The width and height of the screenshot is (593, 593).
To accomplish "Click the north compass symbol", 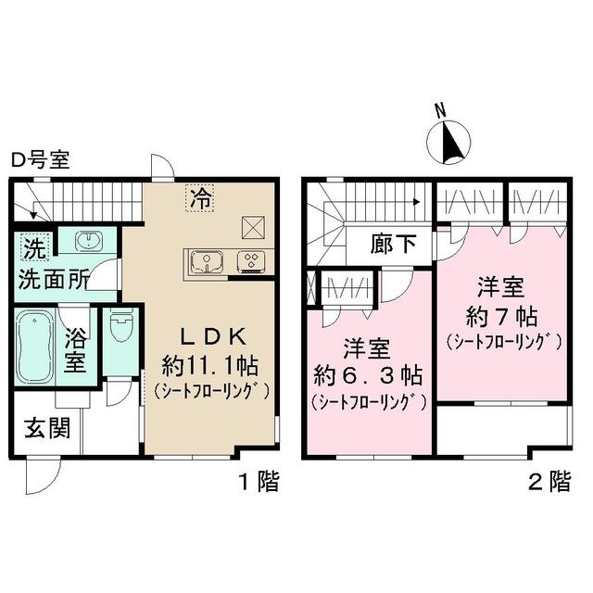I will coord(450,142).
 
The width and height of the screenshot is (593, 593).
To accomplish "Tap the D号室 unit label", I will coord(40,160).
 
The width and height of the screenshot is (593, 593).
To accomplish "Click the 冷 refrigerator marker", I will coord(199,197).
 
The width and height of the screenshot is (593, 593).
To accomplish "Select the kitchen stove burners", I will coord(250,261).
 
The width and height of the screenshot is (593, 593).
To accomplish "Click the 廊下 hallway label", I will coord(394,246).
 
